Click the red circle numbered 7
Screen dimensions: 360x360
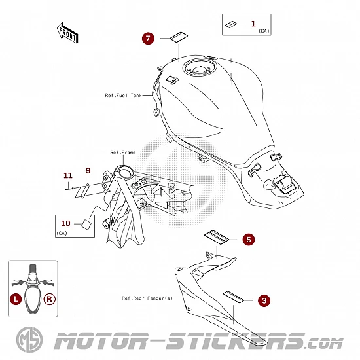pos(148,39)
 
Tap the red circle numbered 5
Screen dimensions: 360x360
pos(249,240)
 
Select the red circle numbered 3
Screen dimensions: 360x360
pos(264,300)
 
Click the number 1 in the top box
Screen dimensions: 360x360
pos(253,24)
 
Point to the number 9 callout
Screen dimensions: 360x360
pos(88,171)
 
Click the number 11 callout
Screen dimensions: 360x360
pos(67,175)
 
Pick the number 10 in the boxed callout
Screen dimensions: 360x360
pos(65,223)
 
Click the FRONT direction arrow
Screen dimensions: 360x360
pos(67,33)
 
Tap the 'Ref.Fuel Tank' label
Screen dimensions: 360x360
pos(123,95)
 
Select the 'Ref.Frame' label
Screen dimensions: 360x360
pos(123,153)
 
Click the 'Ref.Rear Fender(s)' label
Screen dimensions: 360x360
pos(147,298)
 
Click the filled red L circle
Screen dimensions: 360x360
pos(16,299)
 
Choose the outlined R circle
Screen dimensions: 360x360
pos(50,299)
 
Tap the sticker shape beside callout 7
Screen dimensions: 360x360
pos(179,37)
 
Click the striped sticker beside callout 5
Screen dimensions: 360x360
pos(217,237)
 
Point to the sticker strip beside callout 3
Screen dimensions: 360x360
pos(234,297)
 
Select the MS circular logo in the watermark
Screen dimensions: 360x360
pos(29,340)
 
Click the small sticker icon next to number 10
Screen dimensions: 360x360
pos(86,225)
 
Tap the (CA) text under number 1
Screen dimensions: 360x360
pos(264,31)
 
